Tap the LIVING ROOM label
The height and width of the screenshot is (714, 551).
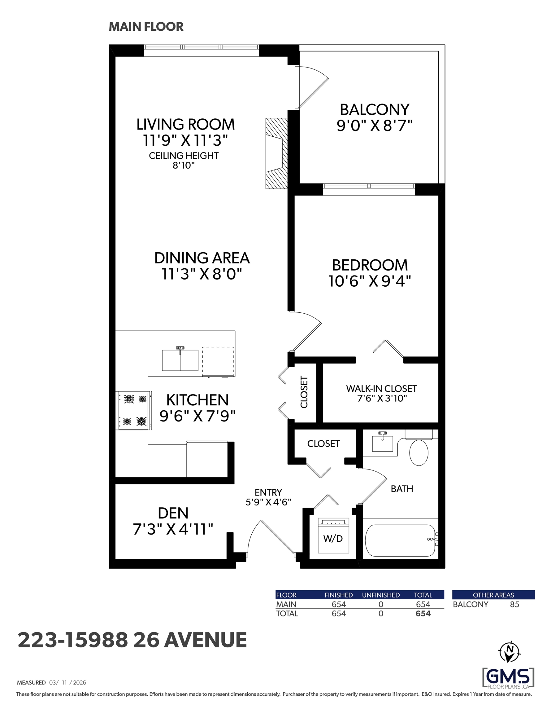click(x=185, y=124)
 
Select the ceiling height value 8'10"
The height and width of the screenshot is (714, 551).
click(x=184, y=165)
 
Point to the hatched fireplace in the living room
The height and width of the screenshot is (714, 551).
click(x=277, y=153)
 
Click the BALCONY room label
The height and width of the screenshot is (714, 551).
click(x=375, y=109)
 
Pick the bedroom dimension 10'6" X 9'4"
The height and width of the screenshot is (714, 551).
click(x=369, y=281)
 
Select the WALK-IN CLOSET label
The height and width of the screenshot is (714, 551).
click(x=381, y=389)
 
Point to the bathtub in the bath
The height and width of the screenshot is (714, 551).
click(x=401, y=540)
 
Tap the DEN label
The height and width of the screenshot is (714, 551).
click(x=173, y=513)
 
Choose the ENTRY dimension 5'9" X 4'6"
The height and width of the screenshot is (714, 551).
click(x=268, y=502)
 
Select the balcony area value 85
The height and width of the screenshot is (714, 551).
click(x=514, y=605)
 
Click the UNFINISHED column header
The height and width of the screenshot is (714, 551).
click(x=381, y=595)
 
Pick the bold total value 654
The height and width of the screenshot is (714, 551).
click(x=423, y=614)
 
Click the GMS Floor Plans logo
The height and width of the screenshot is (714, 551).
click(x=509, y=678)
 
